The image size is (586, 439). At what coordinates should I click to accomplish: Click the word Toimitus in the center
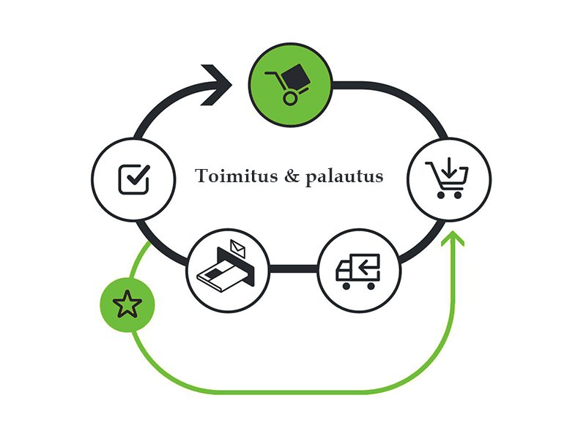(x=236, y=176)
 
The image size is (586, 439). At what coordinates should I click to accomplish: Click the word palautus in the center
(x=344, y=177)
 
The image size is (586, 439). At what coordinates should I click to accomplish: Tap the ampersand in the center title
(x=292, y=176)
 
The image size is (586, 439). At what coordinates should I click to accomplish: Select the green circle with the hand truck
(x=290, y=85)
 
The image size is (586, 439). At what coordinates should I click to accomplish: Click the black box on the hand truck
(x=295, y=78)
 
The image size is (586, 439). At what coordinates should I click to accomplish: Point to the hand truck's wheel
(x=290, y=98)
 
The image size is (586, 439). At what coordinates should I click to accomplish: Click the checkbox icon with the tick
(x=134, y=179)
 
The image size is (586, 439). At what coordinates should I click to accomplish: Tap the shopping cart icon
(x=447, y=178)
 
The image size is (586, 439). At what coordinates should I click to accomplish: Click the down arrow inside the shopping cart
(x=449, y=168)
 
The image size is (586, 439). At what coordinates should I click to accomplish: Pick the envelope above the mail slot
(x=237, y=248)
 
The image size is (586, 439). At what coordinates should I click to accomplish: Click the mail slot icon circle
(x=228, y=271)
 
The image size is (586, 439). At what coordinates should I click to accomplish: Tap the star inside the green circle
(x=127, y=304)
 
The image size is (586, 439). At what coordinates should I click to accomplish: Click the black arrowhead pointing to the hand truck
(x=216, y=85)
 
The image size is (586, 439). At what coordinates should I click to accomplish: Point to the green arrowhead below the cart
(x=453, y=239)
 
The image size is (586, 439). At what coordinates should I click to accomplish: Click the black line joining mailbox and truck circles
(x=294, y=269)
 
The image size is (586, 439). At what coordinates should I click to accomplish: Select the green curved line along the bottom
(x=292, y=391)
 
